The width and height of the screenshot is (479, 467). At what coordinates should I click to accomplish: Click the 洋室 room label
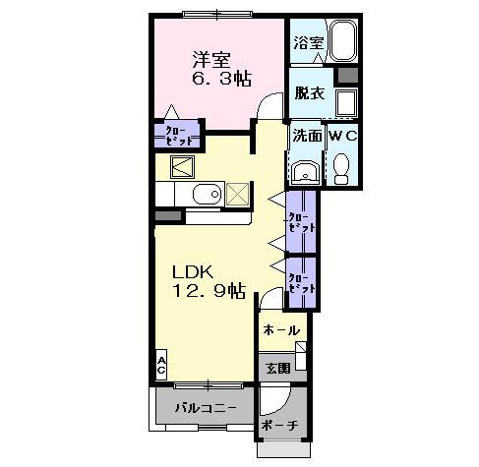tap(206, 56)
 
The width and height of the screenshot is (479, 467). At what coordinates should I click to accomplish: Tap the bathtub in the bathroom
tap(341, 42)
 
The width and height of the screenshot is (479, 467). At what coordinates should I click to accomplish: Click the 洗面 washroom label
tap(306, 137)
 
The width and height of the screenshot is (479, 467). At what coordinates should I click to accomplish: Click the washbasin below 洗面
tap(305, 173)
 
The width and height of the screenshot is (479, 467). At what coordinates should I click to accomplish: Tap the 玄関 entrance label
tap(276, 369)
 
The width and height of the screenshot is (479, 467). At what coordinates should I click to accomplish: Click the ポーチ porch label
tap(279, 426)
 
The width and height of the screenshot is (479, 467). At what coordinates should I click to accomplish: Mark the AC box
tap(159, 366)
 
